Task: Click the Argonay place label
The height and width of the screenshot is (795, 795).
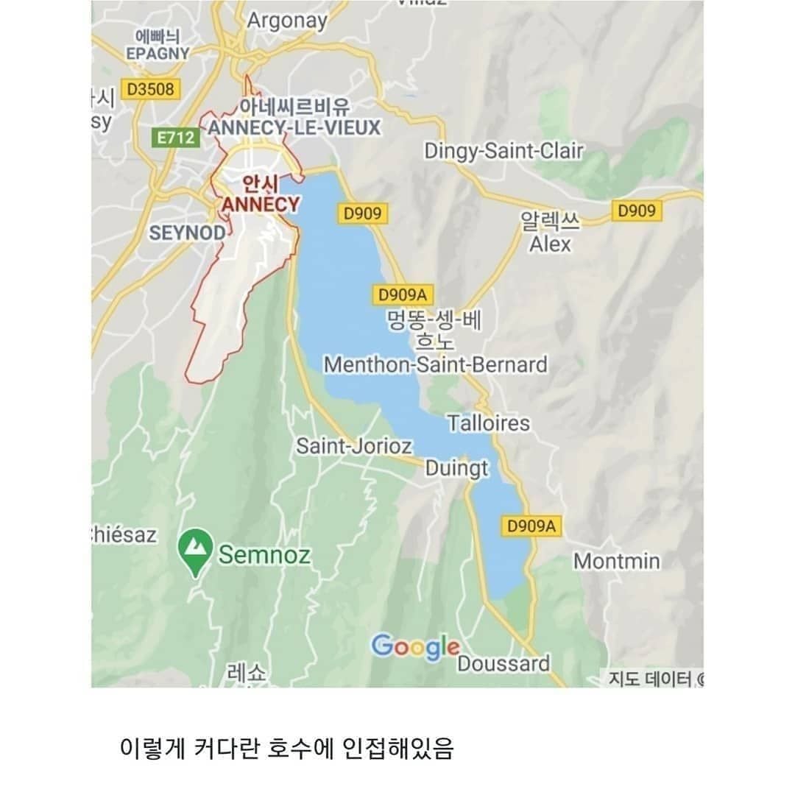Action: pos(286,21)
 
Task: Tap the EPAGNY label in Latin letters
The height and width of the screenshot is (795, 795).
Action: pos(158,54)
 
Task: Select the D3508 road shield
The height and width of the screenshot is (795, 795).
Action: pos(149,89)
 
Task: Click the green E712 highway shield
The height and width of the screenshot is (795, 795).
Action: pos(175,138)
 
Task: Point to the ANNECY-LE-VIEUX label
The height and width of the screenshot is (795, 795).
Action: pos(294,128)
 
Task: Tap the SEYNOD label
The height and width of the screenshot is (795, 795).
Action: pos(187,233)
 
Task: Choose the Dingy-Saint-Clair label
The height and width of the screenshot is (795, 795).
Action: pos(504,152)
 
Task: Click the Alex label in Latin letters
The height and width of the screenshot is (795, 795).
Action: pos(550,244)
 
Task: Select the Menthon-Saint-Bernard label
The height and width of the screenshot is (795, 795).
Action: pos(436,364)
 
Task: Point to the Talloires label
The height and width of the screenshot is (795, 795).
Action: pos(489,423)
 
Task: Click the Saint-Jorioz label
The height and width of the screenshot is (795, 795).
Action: pos(354,446)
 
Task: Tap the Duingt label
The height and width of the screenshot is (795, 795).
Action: pos(456,469)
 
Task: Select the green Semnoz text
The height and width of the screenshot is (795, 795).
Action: pos(264,554)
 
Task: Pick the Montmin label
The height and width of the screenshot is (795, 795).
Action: pos(617,561)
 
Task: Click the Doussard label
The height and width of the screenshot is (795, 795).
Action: pos(504,663)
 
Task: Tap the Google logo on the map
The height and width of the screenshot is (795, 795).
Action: pos(415,647)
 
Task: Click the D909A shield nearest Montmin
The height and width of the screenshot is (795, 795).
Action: pos(531,526)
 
